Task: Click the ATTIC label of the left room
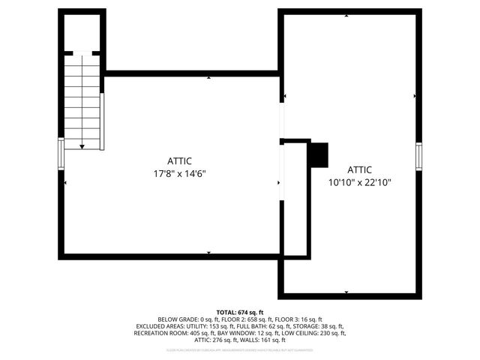(x=180, y=161)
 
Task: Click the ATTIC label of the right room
(x=360, y=170)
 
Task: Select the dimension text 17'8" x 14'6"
(x=179, y=173)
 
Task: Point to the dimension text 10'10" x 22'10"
(x=360, y=182)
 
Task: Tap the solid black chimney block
(x=319, y=154)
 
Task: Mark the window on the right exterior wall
(x=419, y=155)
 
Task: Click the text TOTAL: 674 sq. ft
(x=240, y=312)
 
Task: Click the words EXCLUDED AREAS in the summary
(x=163, y=326)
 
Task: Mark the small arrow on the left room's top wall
(x=208, y=76)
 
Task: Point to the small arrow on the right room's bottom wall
(x=346, y=291)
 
